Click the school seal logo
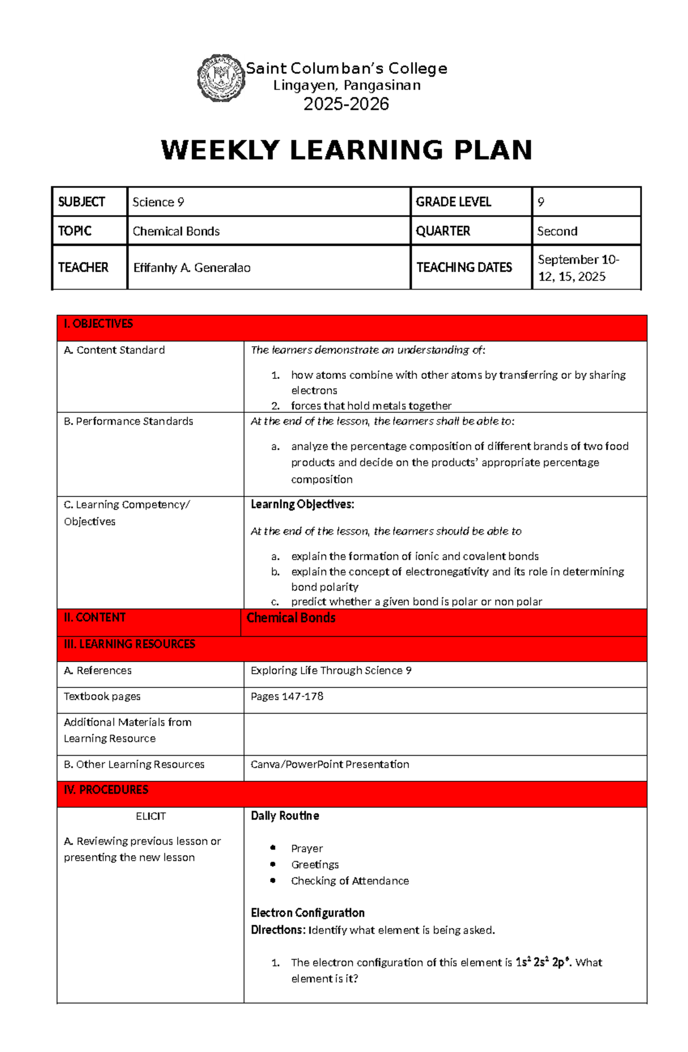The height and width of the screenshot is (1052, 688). click(x=221, y=79)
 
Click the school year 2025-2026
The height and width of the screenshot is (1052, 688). click(x=346, y=104)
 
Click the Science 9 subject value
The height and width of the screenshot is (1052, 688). click(x=158, y=202)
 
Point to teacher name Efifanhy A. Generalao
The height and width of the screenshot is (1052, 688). click(x=191, y=268)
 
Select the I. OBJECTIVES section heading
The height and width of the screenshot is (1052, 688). click(x=98, y=324)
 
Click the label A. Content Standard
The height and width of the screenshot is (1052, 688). click(x=114, y=350)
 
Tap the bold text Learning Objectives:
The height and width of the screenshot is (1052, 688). click(x=302, y=505)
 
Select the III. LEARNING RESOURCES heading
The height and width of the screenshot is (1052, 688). click(x=129, y=644)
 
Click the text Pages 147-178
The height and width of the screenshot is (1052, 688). click(x=287, y=697)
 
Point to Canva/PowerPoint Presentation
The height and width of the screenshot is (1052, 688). click(x=330, y=764)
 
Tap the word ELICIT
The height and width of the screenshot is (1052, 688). click(x=151, y=816)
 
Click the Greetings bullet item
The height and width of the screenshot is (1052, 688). click(x=314, y=865)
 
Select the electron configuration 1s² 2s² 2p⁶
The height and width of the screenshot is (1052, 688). click(x=542, y=963)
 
